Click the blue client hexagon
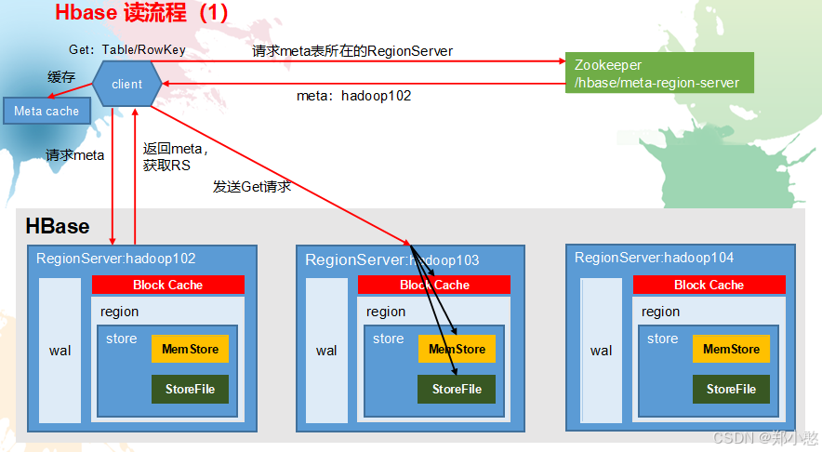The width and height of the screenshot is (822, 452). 126,84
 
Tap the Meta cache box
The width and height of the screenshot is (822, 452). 46,111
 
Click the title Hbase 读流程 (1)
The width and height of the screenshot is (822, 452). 141,13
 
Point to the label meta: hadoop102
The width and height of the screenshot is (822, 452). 353,95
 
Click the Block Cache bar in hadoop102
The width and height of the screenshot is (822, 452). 167,285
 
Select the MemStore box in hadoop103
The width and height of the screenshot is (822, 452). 457,349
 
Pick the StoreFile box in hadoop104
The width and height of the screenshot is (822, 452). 731,389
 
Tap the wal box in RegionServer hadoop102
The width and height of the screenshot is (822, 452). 60,350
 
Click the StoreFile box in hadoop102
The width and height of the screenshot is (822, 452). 190,389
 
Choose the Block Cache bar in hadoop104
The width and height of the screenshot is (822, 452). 709,285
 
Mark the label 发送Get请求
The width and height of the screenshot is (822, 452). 252,187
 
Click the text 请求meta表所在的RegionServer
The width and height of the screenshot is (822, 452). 352,51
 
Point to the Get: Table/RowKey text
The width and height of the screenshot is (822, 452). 126,49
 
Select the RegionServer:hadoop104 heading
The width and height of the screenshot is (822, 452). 641,258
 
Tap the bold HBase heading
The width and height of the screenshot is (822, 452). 58,226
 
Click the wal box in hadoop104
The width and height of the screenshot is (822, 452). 601,350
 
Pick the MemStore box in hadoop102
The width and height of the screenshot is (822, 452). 190,349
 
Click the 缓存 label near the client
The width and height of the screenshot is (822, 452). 61,76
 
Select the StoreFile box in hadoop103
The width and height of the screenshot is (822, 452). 457,389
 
